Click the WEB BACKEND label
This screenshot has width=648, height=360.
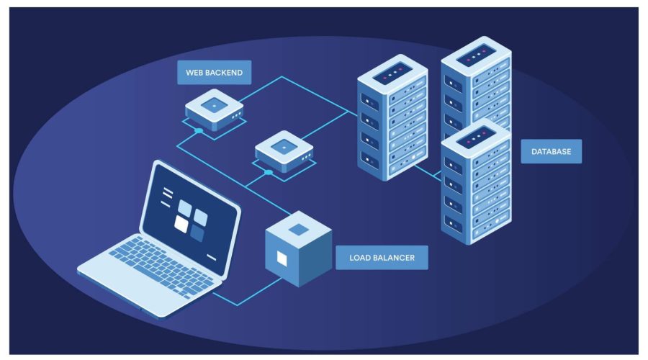pos(214,72)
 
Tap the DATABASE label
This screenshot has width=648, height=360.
pos(551,151)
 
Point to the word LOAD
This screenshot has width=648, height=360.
pos(360,257)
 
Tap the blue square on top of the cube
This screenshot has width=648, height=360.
pos(298,229)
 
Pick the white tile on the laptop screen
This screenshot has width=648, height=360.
pos(181,225)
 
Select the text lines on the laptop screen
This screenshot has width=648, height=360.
pos(166,194)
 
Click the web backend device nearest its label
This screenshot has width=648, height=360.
pos(214,112)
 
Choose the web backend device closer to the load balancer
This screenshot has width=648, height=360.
pos(284,152)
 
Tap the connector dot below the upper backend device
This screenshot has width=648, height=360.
pos(198,131)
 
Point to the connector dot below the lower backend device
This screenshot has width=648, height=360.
pos(269,172)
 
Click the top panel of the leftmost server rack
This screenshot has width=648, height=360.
pos(392,73)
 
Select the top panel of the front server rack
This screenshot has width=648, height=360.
pos(476,135)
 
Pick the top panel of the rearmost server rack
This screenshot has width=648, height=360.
pos(475,54)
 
